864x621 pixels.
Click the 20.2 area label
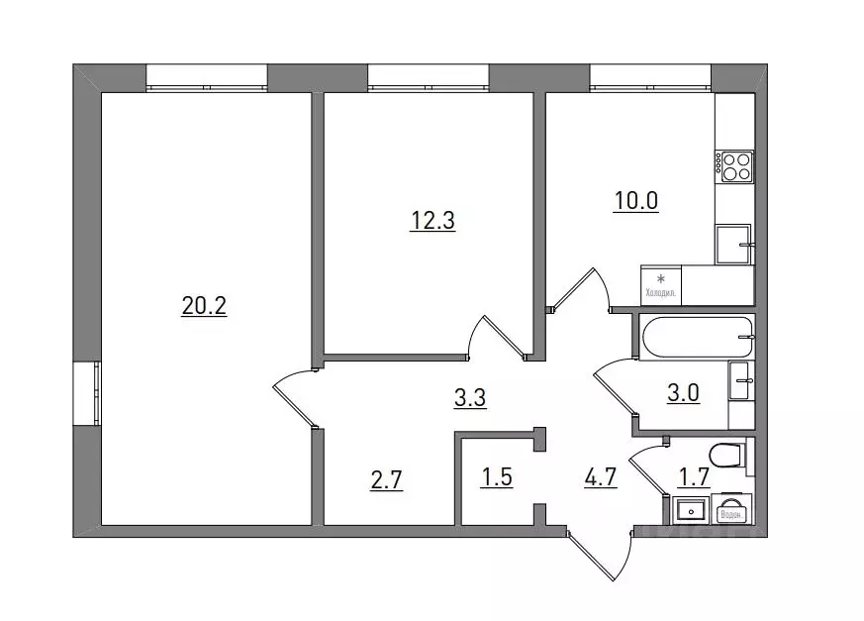click(205, 307)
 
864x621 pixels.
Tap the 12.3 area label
click(432, 221)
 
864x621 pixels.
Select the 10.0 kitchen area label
click(635, 202)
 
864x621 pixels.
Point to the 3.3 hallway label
click(470, 399)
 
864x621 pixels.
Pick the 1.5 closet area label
click(498, 482)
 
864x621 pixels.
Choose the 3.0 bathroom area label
click(684, 393)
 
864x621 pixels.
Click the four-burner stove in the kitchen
click(735, 166)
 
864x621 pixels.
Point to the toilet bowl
click(726, 457)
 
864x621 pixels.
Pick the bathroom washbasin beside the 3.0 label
click(741, 380)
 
